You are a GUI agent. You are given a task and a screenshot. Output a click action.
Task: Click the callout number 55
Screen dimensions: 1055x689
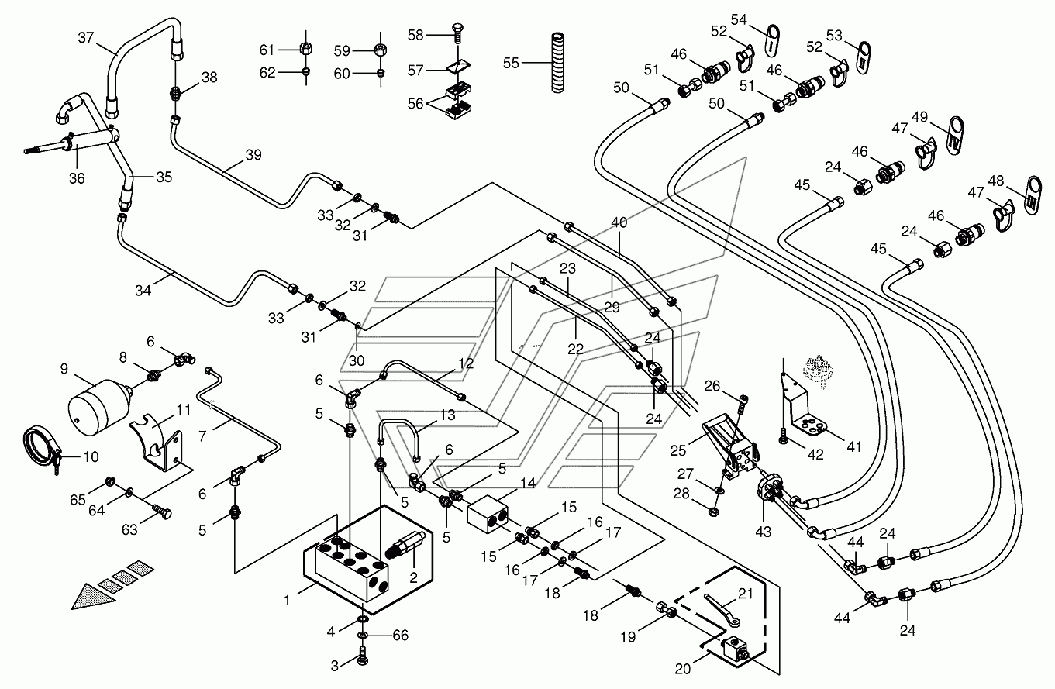coord(511,63)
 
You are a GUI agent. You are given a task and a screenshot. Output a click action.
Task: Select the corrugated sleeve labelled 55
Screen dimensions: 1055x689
coord(557,62)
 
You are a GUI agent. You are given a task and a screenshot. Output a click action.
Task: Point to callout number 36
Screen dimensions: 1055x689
coord(77,178)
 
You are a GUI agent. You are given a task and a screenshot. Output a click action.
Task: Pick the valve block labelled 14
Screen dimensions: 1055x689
coord(488,513)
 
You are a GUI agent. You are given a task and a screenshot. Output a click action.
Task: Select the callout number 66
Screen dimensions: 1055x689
coord(400,636)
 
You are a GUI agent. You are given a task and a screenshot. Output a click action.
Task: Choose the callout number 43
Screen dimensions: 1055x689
coord(763,532)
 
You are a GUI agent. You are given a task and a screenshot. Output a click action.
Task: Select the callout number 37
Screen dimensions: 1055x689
coord(86,37)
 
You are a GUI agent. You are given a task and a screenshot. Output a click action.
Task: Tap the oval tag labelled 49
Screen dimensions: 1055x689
coord(956,136)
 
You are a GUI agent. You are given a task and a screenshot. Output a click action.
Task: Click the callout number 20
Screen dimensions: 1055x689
coord(682,668)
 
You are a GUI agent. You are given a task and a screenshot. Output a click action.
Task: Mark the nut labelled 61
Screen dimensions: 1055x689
coord(307,48)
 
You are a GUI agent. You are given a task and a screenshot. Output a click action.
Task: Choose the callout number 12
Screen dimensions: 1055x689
coord(466,363)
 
